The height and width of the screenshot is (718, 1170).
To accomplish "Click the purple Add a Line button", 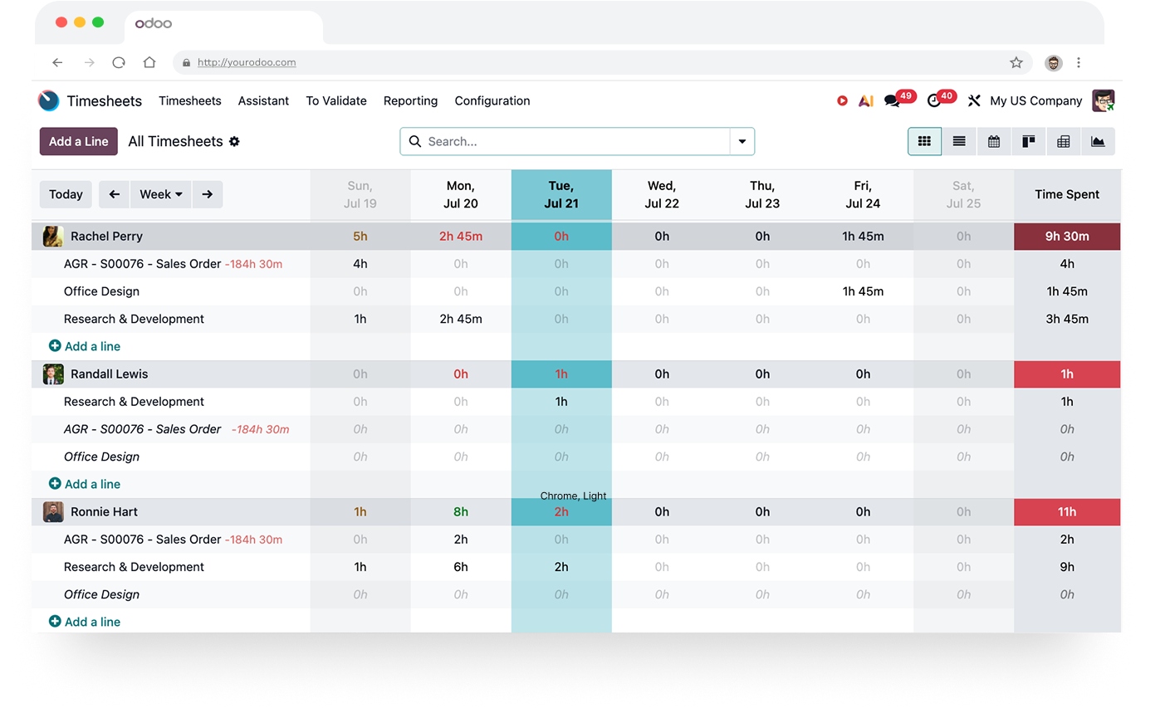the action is (x=78, y=141).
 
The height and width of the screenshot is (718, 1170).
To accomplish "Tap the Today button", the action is (x=66, y=194).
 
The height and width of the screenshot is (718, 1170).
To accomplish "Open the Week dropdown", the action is (x=161, y=194).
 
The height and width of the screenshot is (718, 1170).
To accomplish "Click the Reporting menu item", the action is (x=410, y=100).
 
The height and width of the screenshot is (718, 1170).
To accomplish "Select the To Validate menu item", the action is (x=336, y=100).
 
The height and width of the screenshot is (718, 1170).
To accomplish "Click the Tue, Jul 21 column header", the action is (x=561, y=195).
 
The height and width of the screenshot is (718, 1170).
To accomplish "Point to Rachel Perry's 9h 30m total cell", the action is (x=1067, y=236).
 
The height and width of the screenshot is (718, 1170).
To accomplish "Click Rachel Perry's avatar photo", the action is (x=53, y=236).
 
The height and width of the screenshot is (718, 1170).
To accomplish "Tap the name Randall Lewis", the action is (x=109, y=374).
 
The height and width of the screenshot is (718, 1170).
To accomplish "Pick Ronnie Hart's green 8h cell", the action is (x=461, y=512).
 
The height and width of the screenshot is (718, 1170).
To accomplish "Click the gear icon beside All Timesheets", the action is (x=234, y=141).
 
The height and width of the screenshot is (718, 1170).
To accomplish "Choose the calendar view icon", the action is (x=993, y=141).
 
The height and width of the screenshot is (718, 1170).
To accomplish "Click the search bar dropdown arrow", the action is (x=742, y=141).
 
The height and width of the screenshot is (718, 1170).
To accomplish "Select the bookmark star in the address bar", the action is (x=1016, y=62).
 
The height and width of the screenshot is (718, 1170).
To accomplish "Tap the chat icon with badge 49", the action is (x=892, y=100).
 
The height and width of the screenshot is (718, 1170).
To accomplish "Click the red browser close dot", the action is (x=61, y=22).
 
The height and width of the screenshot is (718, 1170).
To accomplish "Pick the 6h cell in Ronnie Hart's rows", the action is (x=461, y=567).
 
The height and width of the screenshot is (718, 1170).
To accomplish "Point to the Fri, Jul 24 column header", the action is (x=863, y=195).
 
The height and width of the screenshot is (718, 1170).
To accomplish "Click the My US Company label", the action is (x=1035, y=100).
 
